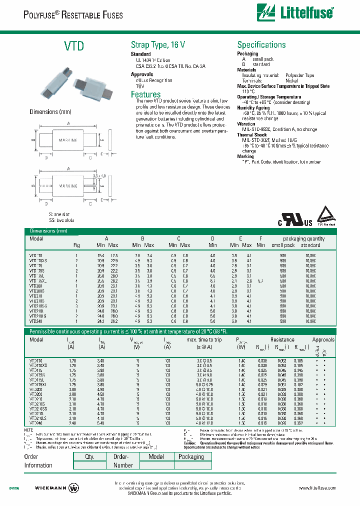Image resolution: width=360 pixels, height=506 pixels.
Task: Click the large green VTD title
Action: click(73, 46)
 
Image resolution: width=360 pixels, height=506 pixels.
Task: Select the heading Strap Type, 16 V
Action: click(158, 45)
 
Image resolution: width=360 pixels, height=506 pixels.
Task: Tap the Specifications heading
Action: click(261, 45)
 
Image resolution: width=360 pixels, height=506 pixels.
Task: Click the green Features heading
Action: click(145, 94)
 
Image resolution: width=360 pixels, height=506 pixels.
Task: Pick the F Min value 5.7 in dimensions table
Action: click(260, 281)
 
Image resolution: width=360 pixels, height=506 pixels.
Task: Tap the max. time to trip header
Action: click(205, 340)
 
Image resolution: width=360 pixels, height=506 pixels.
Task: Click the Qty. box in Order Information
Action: click(89, 456)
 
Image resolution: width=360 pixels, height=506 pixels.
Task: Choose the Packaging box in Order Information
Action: click(191, 456)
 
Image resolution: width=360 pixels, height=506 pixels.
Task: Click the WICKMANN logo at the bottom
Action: click(57, 488)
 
